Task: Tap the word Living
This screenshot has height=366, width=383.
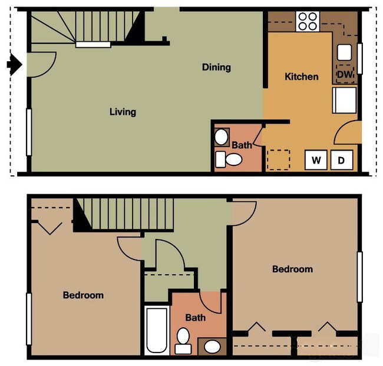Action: [123, 112]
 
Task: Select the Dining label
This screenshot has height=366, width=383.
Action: [216, 67]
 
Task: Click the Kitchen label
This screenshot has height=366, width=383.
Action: [301, 76]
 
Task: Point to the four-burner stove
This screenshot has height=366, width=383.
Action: [307, 22]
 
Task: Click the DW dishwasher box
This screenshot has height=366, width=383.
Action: [345, 75]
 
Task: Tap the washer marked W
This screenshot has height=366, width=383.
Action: [316, 159]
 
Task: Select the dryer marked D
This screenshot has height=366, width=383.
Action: [341, 159]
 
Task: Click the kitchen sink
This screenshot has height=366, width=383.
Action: [345, 52]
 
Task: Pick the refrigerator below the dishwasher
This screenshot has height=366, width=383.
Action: [345, 98]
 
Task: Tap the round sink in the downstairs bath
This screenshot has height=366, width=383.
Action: [222, 137]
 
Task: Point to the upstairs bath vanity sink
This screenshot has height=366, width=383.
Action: [209, 347]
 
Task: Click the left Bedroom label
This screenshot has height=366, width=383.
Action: [83, 295]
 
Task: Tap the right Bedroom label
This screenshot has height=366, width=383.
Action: [292, 269]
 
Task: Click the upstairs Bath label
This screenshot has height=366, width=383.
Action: [196, 318]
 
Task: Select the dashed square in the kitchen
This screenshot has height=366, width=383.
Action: [279, 160]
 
